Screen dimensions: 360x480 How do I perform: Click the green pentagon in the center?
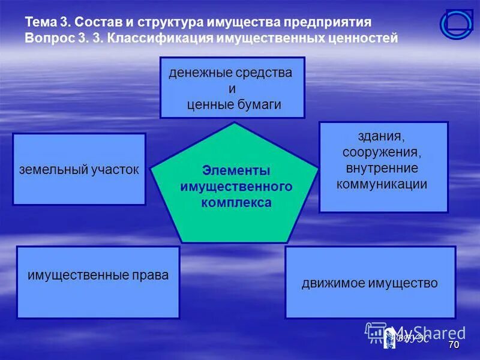[x=234, y=186]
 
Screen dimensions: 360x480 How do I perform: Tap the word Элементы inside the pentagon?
[x=236, y=170]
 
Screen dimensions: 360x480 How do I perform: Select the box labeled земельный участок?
[x=79, y=169]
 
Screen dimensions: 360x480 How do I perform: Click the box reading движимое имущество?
[x=370, y=282]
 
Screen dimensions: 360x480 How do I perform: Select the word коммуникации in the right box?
[x=382, y=184]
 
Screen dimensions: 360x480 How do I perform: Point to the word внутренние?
[x=383, y=168]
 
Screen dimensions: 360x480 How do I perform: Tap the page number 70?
[x=454, y=345]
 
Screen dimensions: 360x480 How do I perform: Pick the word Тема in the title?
[x=40, y=23]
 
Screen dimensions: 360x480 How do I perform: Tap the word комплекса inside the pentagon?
[x=236, y=203]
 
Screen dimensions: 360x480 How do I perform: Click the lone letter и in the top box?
[x=233, y=89]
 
